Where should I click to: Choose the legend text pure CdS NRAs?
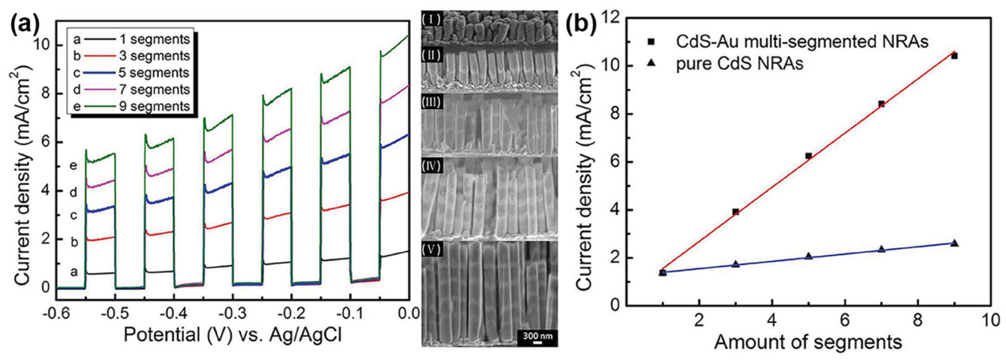point(740,64)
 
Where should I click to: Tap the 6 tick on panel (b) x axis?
point(845,320)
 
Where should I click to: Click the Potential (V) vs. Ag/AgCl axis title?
point(233,335)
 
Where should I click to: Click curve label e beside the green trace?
point(73,165)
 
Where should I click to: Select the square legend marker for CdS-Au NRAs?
point(650,41)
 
